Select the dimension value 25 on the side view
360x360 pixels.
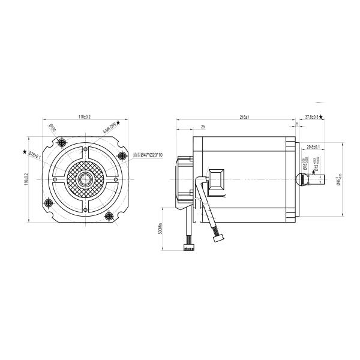pyautogui.click(x=203, y=127)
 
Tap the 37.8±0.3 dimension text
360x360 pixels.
pyautogui.click(x=311, y=117)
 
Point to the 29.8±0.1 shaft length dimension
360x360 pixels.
pyautogui.click(x=313, y=147)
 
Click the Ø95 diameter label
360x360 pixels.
pyautogui.click(x=339, y=179)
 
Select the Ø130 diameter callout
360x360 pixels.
pyautogui.click(x=52, y=128)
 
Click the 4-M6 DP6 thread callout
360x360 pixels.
pyautogui.click(x=108, y=128)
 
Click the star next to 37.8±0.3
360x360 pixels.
pyautogui.click(x=323, y=117)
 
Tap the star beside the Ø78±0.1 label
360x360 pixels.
pyautogui.click(x=25, y=152)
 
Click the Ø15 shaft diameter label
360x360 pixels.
pyautogui.click(x=306, y=164)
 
